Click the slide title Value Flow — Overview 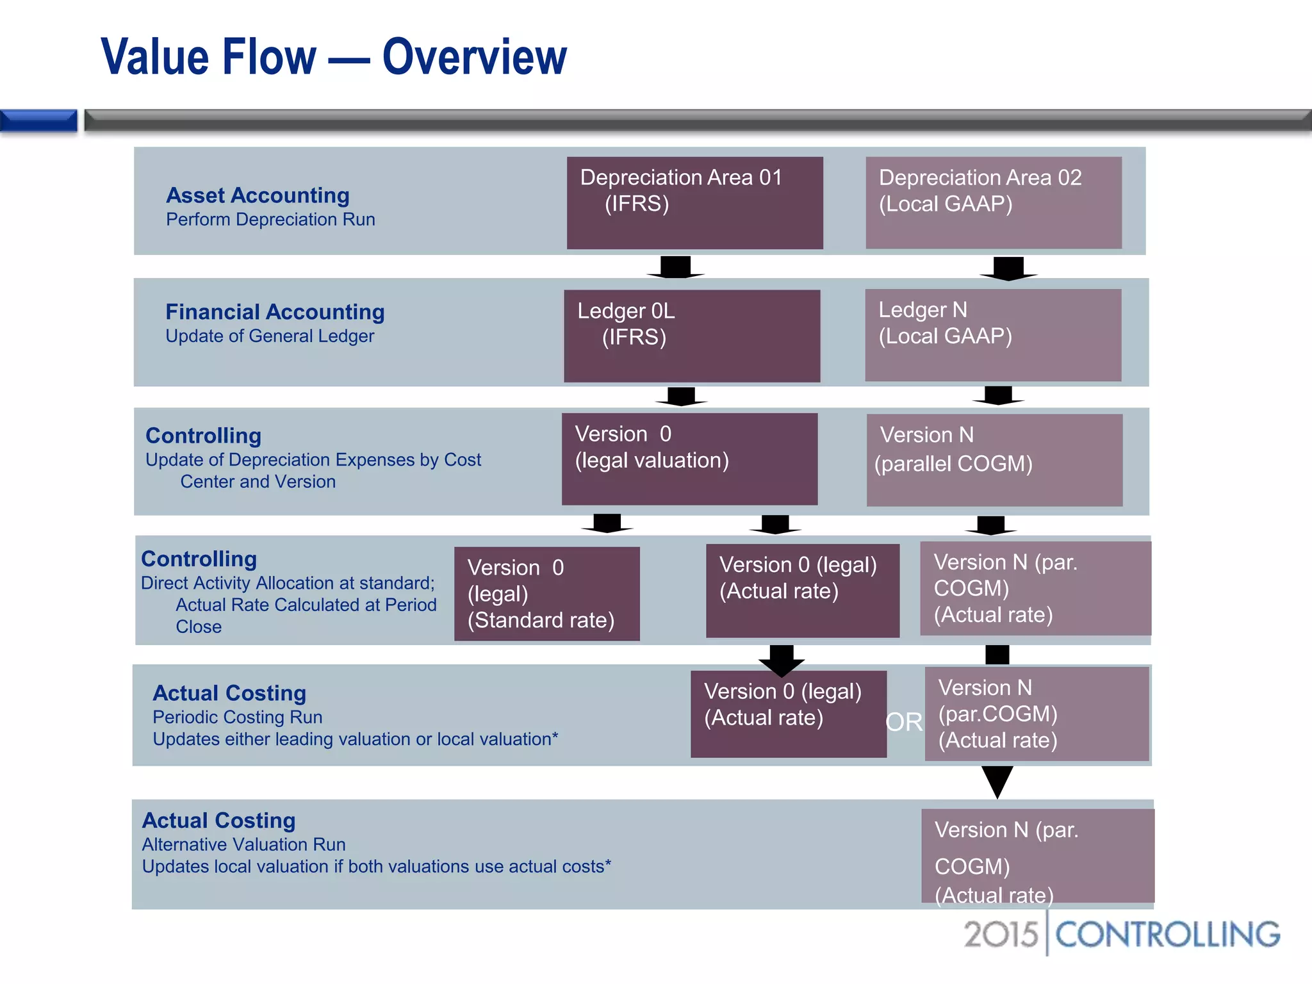click(334, 57)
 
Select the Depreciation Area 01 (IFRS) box click(694, 202)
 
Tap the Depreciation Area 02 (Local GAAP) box click(993, 202)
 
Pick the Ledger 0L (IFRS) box click(692, 336)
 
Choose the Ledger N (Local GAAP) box click(993, 335)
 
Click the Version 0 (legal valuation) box click(689, 459)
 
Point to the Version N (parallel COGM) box click(994, 460)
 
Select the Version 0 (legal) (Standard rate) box click(546, 593)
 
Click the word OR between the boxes click(904, 722)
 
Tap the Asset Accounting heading click(258, 195)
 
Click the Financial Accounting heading click(275, 312)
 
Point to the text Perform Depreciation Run click(270, 220)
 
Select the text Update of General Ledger click(270, 336)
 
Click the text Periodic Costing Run click(237, 717)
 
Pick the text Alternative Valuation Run click(243, 844)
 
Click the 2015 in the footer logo click(1001, 934)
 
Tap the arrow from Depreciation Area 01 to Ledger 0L click(676, 267)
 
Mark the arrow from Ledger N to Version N click(998, 395)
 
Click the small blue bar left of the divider click(38, 120)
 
